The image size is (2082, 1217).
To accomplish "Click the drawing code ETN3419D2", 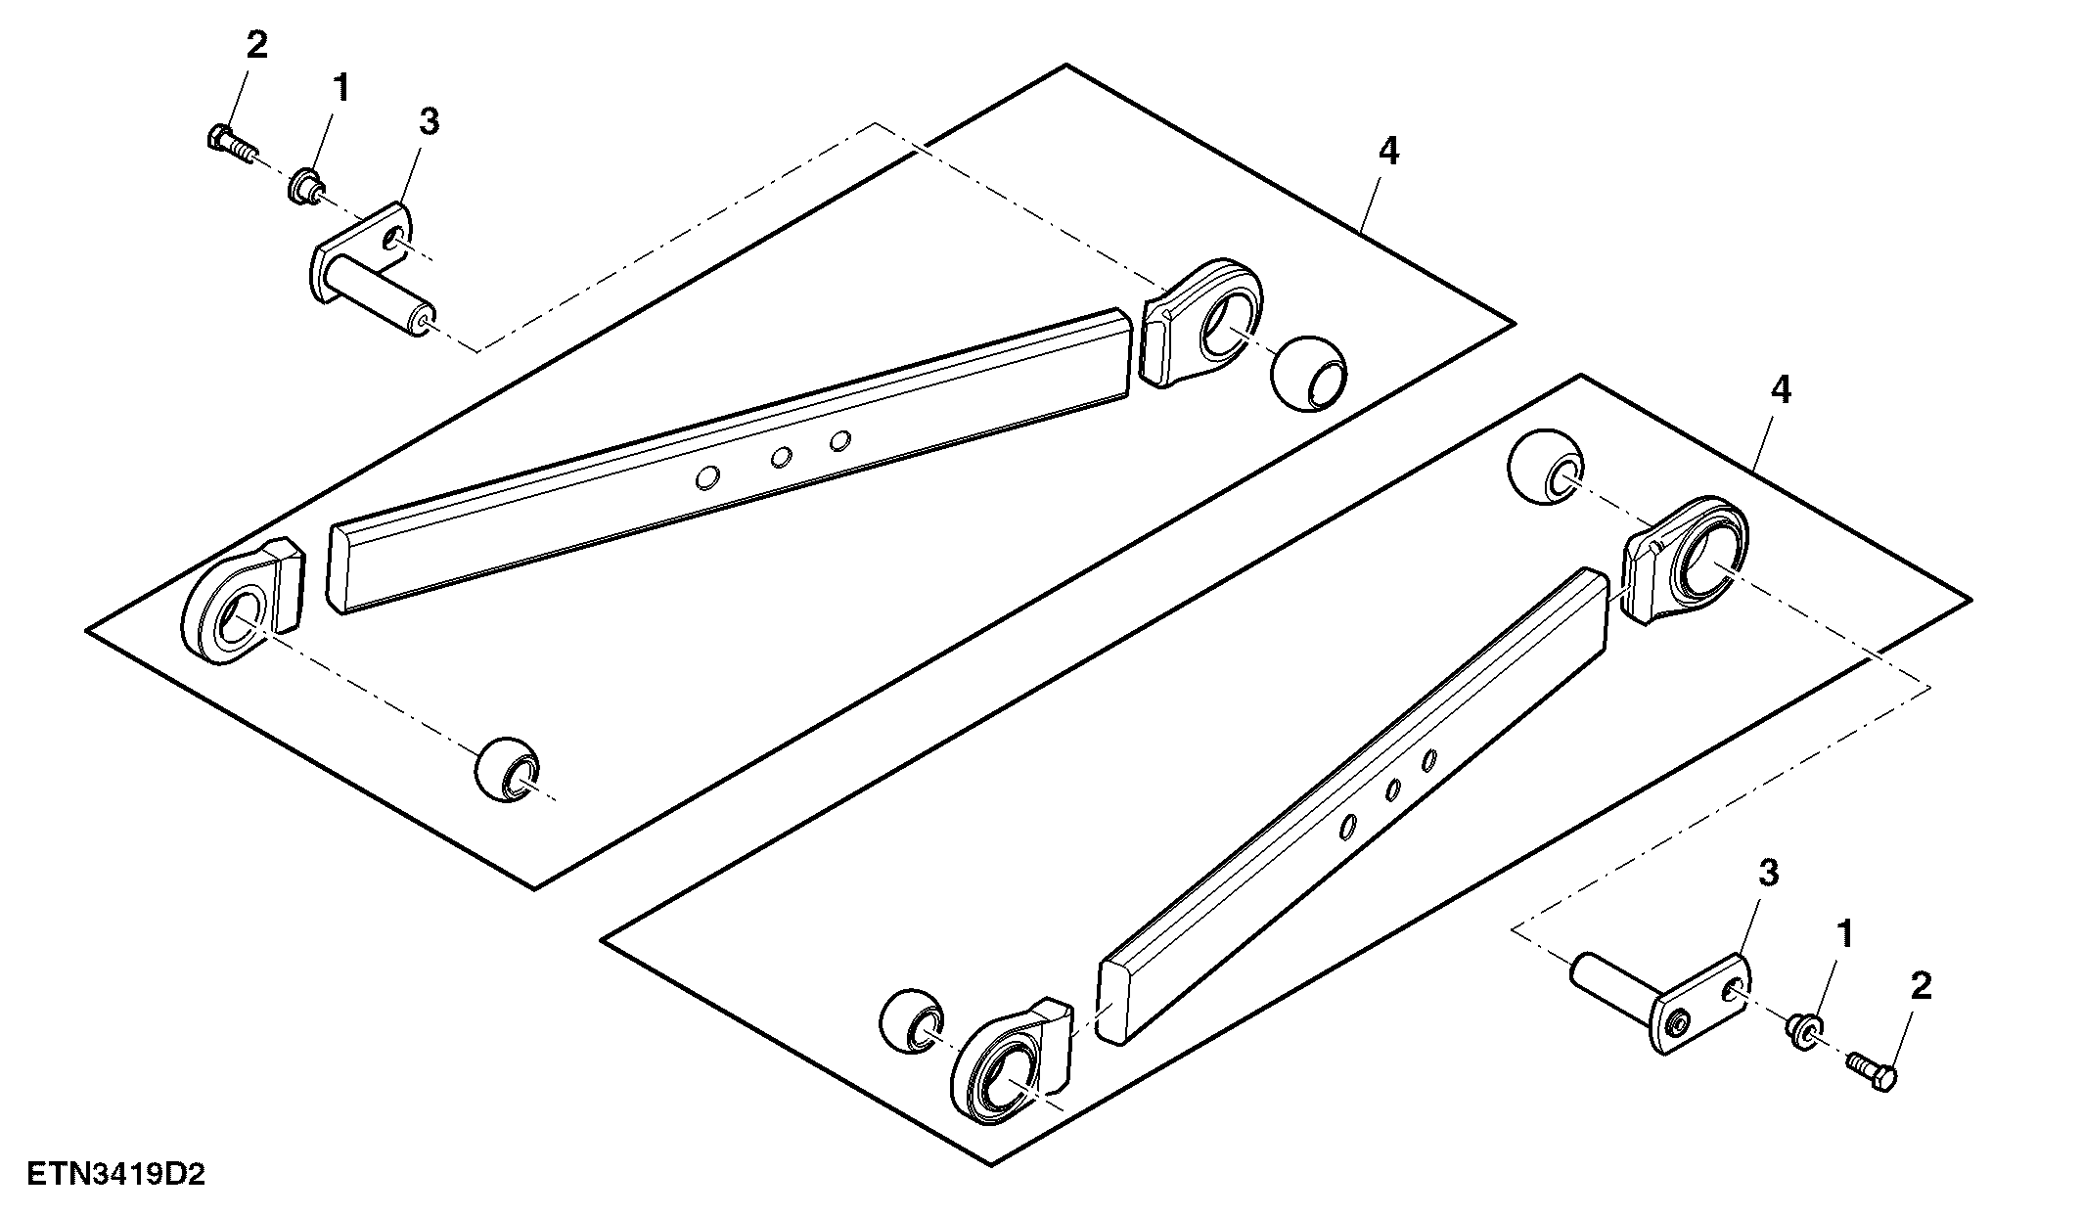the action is click(x=115, y=1173).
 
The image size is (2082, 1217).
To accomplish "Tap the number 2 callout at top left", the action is click(x=256, y=45).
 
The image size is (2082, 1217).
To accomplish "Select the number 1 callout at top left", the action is click(x=340, y=89).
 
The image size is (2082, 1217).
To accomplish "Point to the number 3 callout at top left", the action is click(x=429, y=122).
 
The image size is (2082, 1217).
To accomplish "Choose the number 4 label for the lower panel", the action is click(x=1781, y=390).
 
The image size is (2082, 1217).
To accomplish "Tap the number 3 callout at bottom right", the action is click(x=1769, y=874).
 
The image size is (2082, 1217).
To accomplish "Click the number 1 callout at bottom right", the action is click(x=1845, y=934).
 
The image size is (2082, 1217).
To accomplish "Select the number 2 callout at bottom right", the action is click(x=1922, y=986).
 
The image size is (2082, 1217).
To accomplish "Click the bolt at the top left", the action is click(x=233, y=143).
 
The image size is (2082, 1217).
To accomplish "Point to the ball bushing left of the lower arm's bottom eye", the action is click(x=912, y=1021).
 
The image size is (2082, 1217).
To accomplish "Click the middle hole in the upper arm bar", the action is click(x=781, y=457).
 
